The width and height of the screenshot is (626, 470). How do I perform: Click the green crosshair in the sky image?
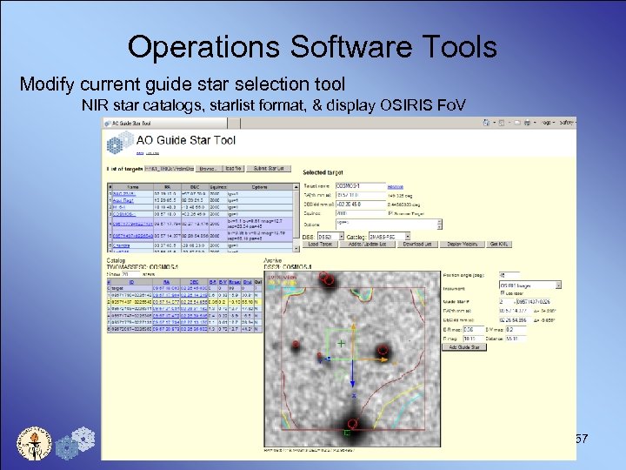click(x=341, y=344)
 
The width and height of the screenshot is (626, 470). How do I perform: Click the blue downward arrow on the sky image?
click(x=326, y=357)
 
